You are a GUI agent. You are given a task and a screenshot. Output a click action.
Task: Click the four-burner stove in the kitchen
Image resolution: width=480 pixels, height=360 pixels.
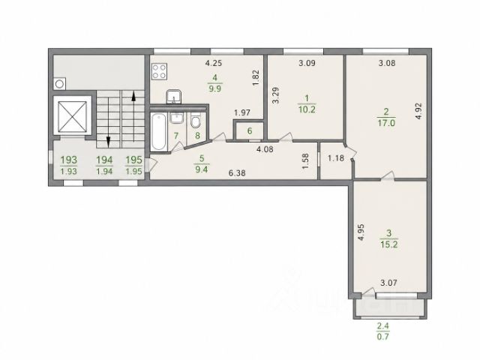160,71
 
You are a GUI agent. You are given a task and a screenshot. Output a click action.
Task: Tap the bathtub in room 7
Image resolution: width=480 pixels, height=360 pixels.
159,132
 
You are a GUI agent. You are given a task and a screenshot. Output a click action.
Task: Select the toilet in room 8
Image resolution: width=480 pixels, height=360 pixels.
196,121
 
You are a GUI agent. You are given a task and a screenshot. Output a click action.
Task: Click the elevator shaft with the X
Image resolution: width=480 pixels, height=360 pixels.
72,115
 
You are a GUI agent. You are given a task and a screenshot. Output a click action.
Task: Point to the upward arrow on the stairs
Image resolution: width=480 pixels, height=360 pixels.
133,117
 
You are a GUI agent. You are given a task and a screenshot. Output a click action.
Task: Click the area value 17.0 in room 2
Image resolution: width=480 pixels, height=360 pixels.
387,123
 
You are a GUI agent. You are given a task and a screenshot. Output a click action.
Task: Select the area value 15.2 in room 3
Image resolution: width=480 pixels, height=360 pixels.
389,244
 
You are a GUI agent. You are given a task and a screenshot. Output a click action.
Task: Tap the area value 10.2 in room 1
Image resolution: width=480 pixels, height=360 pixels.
307,109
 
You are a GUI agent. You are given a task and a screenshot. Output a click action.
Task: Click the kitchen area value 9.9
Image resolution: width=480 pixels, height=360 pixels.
215,89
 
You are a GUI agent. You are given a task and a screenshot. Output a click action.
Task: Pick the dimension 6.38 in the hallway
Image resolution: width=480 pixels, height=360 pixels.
237,173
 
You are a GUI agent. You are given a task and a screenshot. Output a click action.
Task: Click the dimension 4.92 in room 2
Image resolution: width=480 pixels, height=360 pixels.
418,111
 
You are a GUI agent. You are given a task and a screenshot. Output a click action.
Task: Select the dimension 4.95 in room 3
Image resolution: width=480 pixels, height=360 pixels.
361,232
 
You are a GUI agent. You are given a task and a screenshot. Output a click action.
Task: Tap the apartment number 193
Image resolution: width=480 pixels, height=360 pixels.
69,160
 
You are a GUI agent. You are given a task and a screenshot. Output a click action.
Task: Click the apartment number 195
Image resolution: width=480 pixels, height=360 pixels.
134,160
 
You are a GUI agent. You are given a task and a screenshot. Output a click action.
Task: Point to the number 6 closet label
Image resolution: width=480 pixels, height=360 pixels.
250,131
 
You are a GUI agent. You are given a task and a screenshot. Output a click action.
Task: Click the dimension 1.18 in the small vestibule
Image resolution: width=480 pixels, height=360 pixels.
336,158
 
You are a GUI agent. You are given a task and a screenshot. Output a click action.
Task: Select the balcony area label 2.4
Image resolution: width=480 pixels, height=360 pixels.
383,326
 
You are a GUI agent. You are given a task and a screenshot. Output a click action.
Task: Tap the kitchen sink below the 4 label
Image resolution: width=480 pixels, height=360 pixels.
174,97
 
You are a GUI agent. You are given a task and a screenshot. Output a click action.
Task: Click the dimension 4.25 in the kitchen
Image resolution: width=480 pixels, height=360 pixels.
213,63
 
